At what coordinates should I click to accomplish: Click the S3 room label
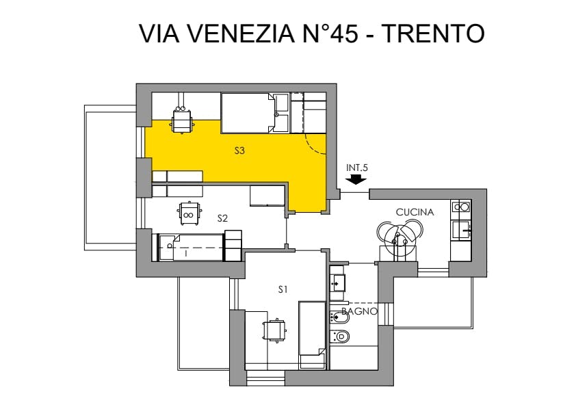pyautogui.click(x=239, y=150)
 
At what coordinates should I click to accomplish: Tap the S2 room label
pyautogui.click(x=222, y=219)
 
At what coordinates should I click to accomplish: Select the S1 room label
pyautogui.click(x=283, y=290)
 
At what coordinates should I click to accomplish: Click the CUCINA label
pyautogui.click(x=415, y=212)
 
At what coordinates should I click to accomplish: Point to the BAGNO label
pyautogui.click(x=359, y=311)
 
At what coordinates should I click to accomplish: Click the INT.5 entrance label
pyautogui.click(x=356, y=168)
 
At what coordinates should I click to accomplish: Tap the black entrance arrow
pyautogui.click(x=356, y=180)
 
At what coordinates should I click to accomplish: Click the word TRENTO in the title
pyautogui.click(x=434, y=34)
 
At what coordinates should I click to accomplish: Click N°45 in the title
pyautogui.click(x=330, y=34)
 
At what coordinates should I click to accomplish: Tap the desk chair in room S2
pyautogui.click(x=189, y=213)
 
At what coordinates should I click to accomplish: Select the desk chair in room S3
pyautogui.click(x=182, y=120)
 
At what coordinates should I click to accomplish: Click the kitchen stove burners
pyautogui.click(x=461, y=207)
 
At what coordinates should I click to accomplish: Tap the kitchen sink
pyautogui.click(x=461, y=231)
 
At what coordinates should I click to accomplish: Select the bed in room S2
pyautogui.click(x=192, y=248)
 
